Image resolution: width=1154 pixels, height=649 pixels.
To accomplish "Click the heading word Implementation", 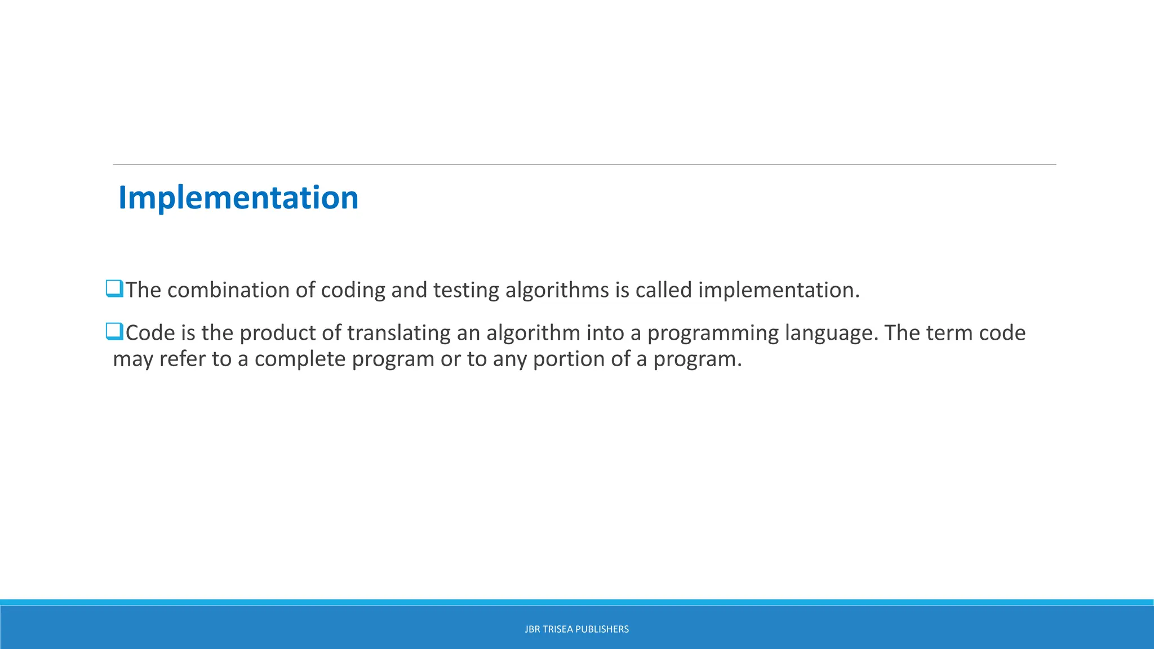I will pos(238,198).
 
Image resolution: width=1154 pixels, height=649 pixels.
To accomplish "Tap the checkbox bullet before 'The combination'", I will pos(114,288).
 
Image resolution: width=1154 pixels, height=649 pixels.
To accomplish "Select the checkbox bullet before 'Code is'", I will pos(114,331).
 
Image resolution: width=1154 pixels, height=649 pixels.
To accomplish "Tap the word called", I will pos(663,290).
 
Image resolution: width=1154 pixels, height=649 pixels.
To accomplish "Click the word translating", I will pos(398,333).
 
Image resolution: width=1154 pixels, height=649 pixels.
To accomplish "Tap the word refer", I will pos(182,359).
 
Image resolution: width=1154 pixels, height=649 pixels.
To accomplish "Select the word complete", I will pos(300,359).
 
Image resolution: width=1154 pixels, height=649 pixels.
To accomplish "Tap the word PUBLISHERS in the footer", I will pos(606,629).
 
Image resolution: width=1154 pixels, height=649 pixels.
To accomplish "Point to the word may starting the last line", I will pos(133,359).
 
